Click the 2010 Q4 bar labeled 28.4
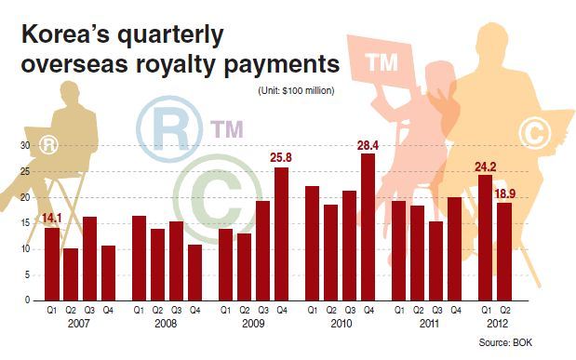(x=368, y=227)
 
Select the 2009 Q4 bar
(x=281, y=234)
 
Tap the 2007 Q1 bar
(x=52, y=264)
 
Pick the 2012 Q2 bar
(x=504, y=252)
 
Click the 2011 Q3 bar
(x=436, y=261)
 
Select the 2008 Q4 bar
(x=194, y=273)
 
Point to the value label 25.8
(x=281, y=158)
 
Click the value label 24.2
(x=485, y=167)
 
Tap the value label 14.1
(x=52, y=219)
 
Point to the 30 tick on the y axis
(x=25, y=145)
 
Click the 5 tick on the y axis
(x=28, y=274)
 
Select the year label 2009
(x=253, y=324)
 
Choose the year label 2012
(x=497, y=324)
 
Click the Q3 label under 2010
(x=350, y=311)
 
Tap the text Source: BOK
(x=505, y=342)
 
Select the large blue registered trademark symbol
(x=169, y=128)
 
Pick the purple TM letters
(x=227, y=129)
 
